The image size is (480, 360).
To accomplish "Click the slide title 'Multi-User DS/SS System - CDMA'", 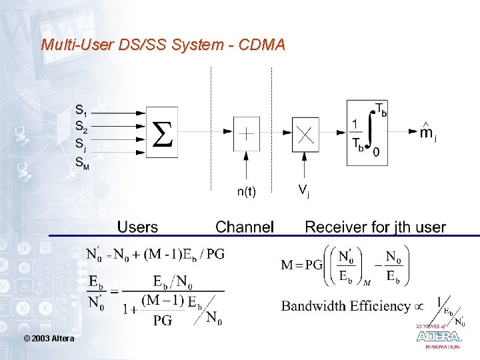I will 163,45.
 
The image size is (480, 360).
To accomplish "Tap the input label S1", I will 81,111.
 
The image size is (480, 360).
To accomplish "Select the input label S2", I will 81,126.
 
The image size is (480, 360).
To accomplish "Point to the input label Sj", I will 81,143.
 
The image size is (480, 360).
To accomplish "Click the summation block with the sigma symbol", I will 161,132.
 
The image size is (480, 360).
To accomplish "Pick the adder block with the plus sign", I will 246,133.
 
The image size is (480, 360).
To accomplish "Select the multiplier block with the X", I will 305,133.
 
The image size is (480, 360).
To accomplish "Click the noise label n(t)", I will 246,192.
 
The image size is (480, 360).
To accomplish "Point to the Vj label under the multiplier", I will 303,191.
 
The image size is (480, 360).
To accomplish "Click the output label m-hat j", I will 427,131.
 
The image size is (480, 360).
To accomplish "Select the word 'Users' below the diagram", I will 137,227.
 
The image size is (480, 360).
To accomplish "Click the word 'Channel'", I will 245,227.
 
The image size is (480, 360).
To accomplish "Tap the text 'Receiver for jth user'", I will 375,227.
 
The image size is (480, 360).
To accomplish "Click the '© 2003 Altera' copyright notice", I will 49,339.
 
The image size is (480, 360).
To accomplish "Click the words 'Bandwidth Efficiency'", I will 345,306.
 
